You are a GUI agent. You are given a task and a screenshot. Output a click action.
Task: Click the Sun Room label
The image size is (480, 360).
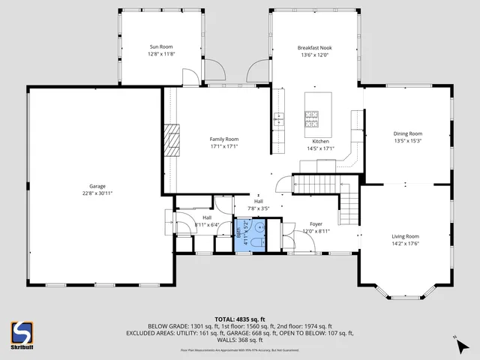pos(161,46)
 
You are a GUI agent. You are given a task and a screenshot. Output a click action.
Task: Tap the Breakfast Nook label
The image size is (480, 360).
pos(315,46)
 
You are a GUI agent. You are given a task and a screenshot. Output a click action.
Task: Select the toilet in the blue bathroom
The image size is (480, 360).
pos(255,241)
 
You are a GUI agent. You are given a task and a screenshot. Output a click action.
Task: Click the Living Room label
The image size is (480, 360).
pos(405,235)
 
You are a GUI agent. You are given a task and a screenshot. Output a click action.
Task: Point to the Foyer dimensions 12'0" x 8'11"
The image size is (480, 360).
pos(316,231)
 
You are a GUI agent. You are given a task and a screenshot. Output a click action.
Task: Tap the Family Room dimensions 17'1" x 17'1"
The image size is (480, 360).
pos(223,147)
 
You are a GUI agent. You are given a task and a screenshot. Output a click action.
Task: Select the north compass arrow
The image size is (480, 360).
pos(456,343)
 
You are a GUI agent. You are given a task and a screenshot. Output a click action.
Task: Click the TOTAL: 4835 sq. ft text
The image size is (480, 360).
pos(239,319)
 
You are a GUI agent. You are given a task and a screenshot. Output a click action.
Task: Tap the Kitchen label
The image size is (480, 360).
pos(320,141)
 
